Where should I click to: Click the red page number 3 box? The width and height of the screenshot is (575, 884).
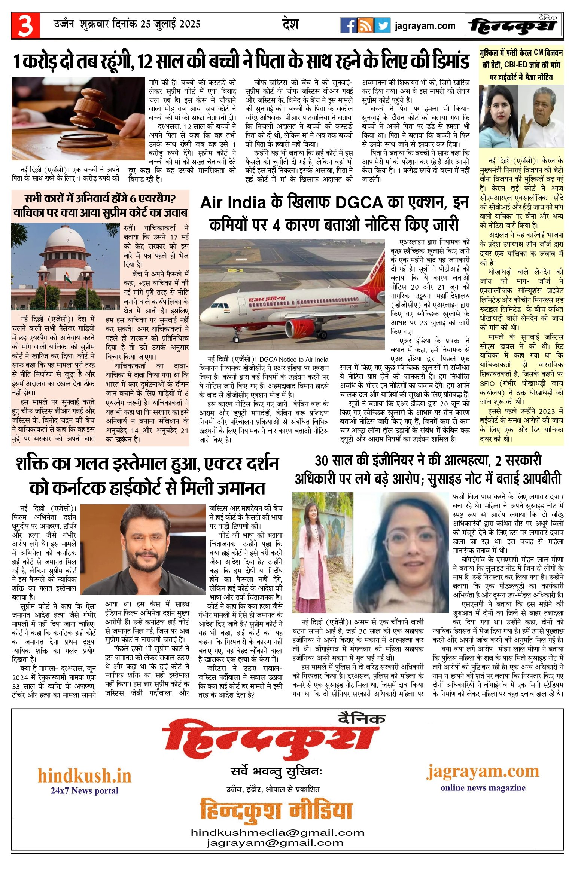(25, 25)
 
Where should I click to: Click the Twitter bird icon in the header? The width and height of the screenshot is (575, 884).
(382, 25)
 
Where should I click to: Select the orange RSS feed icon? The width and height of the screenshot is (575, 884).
(365, 25)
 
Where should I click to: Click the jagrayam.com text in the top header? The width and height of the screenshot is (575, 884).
(425, 26)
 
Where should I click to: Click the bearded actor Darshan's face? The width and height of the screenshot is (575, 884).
(144, 542)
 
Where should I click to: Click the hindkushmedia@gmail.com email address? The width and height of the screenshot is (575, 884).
(277, 833)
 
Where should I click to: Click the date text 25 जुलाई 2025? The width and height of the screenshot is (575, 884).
(171, 24)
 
